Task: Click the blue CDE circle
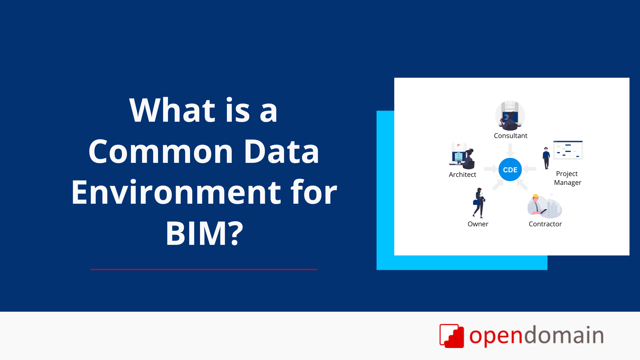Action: (x=510, y=169)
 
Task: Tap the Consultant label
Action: (x=511, y=136)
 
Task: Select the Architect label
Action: (x=462, y=175)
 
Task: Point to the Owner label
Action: (x=478, y=224)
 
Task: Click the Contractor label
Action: (x=545, y=224)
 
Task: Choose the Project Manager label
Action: (x=567, y=178)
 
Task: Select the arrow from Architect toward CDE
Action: (x=491, y=169)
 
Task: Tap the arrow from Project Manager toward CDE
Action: (x=530, y=169)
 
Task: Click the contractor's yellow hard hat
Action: (x=535, y=196)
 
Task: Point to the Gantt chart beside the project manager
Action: (x=568, y=150)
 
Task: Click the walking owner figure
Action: (x=479, y=203)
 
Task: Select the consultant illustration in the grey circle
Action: (x=510, y=116)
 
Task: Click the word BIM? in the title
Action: (x=204, y=233)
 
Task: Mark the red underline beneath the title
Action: (x=204, y=269)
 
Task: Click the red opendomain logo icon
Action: (x=451, y=336)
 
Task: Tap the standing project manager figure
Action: (x=546, y=158)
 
